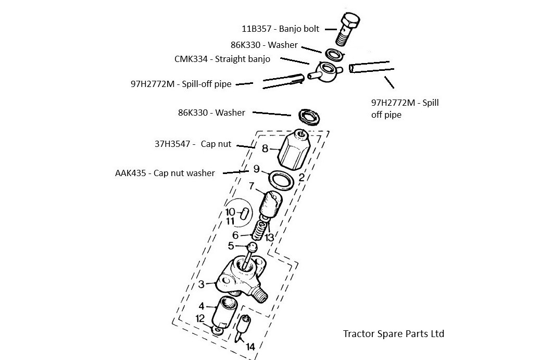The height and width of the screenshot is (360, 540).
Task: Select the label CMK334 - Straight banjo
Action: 222,59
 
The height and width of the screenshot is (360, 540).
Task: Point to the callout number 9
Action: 256,169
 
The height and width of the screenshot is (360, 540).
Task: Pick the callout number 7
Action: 252,185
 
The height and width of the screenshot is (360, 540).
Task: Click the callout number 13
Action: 269,238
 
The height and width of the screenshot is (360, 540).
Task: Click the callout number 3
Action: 202,284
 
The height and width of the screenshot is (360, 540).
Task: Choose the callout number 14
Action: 250,346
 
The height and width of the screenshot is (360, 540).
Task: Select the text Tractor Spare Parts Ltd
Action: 393,333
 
